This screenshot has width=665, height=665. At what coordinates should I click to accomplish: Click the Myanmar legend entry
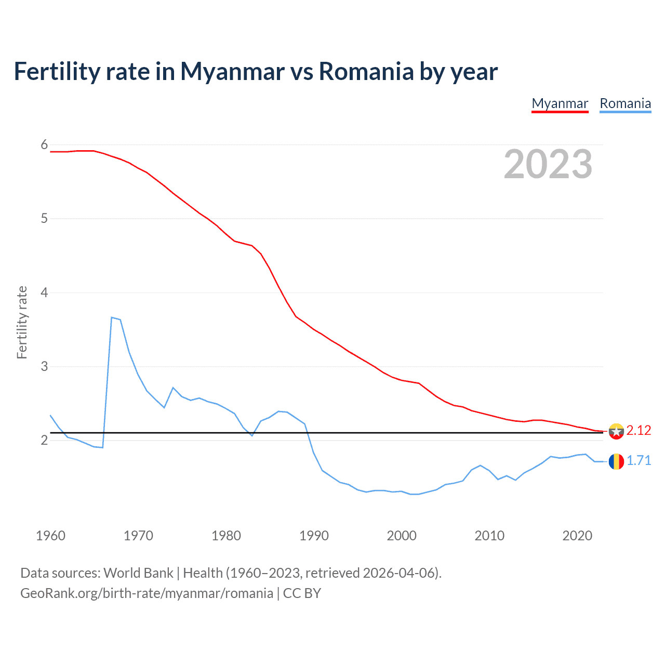(560, 103)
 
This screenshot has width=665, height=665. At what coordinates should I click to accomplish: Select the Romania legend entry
(625, 103)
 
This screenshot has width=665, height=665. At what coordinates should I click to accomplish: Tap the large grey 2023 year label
(548, 164)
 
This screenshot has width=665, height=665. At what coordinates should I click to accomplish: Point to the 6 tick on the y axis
(44, 144)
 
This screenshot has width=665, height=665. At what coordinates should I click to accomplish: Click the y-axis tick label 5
(44, 218)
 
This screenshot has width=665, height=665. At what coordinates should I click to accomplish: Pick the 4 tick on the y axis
(44, 292)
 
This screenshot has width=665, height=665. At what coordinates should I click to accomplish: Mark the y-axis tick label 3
(44, 366)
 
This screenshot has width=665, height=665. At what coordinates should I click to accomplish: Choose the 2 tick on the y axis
(44, 440)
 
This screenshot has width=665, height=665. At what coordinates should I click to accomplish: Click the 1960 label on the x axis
(50, 536)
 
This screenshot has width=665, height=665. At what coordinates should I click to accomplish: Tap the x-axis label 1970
(138, 536)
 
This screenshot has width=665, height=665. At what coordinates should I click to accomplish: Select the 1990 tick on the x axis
(314, 536)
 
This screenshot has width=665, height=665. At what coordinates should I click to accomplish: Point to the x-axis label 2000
(402, 536)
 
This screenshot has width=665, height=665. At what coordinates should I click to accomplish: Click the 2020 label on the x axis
(577, 536)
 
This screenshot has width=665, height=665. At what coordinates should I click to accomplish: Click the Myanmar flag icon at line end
(616, 431)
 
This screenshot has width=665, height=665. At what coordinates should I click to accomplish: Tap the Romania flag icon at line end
(616, 461)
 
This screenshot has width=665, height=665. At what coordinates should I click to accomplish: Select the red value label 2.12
(639, 431)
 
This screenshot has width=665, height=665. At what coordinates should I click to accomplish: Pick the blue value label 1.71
(639, 461)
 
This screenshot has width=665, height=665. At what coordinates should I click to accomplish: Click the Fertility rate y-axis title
(22, 322)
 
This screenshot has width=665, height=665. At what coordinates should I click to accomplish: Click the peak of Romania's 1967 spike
(112, 317)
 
